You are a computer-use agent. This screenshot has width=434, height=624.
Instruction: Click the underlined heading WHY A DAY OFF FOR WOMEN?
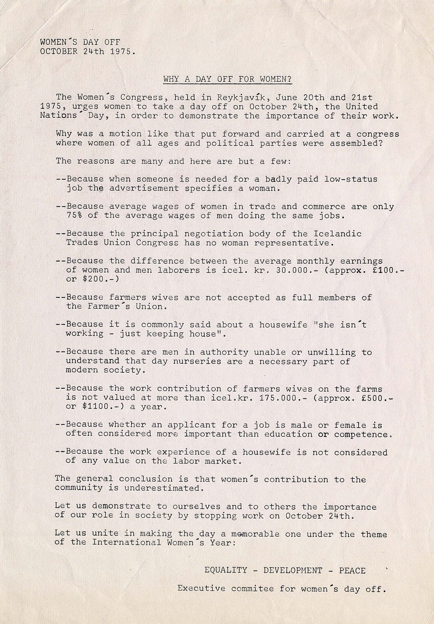tap(227, 79)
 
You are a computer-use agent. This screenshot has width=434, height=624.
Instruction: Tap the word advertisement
tap(144, 188)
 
